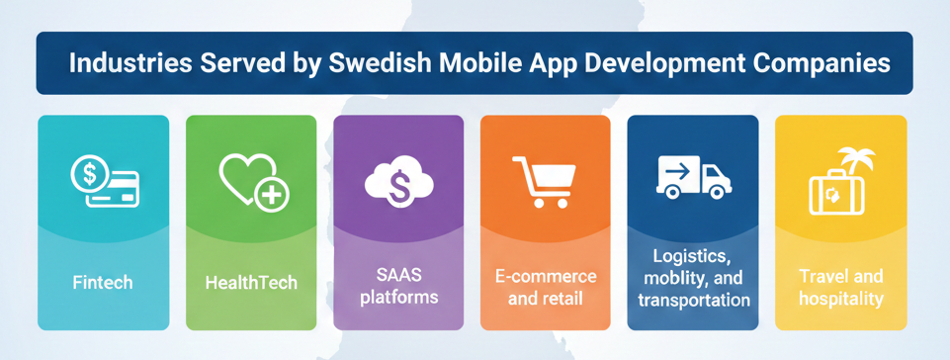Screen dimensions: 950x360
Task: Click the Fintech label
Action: (x=103, y=283)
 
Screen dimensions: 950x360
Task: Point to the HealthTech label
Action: (x=251, y=283)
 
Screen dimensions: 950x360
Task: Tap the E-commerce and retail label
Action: (x=545, y=287)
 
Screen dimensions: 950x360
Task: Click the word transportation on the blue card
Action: (x=694, y=300)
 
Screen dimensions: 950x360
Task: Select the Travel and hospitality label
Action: (x=841, y=287)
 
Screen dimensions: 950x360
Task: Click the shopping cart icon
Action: (x=544, y=182)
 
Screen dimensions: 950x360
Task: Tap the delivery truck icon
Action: (x=693, y=176)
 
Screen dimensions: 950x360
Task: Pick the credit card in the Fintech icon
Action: (x=115, y=189)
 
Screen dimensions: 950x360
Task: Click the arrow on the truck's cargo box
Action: (x=677, y=172)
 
